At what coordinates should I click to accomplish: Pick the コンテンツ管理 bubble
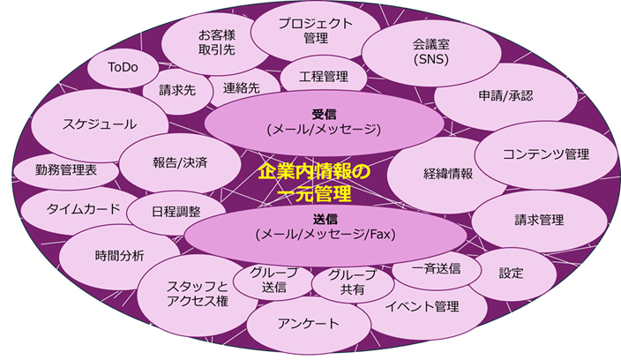[x=545, y=154]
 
